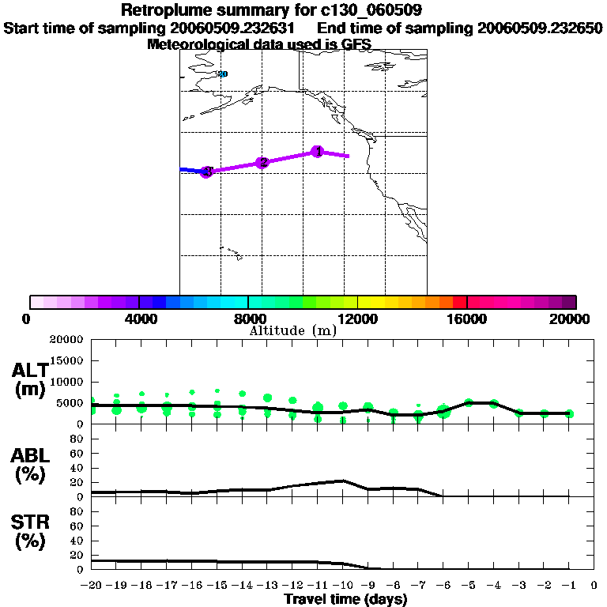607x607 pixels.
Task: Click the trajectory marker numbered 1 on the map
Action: pos(317,151)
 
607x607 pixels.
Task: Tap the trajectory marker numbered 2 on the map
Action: pos(263,163)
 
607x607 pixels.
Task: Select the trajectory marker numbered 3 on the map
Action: pos(206,172)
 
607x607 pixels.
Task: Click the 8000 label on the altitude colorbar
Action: pos(247,319)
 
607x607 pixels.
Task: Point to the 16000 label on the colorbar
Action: pos(467,319)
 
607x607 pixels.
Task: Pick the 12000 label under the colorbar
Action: pos(357,319)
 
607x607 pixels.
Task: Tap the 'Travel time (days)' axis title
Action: pos(345,599)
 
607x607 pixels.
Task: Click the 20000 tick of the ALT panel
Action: pos(66,340)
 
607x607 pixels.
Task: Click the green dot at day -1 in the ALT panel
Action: pos(569,413)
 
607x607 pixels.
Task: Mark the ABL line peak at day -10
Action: pos(342,481)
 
